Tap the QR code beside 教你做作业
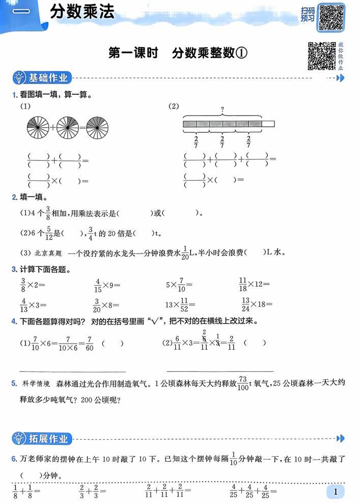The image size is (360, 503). coord(321,56)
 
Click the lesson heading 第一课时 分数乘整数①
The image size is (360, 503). coord(178,53)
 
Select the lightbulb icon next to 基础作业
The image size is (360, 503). coord(18,78)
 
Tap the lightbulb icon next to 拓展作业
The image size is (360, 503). coord(18,438)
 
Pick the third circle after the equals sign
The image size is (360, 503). coord(97,125)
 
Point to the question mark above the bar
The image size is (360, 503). coord(223,109)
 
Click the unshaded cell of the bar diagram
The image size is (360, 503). coord(268,124)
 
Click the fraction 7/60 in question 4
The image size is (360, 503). coord(90,344)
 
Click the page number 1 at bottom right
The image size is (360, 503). coord(336,491)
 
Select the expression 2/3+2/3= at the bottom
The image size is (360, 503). coord(93,492)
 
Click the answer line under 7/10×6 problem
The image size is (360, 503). coord(73,371)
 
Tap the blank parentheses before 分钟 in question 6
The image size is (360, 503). coord(30,476)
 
